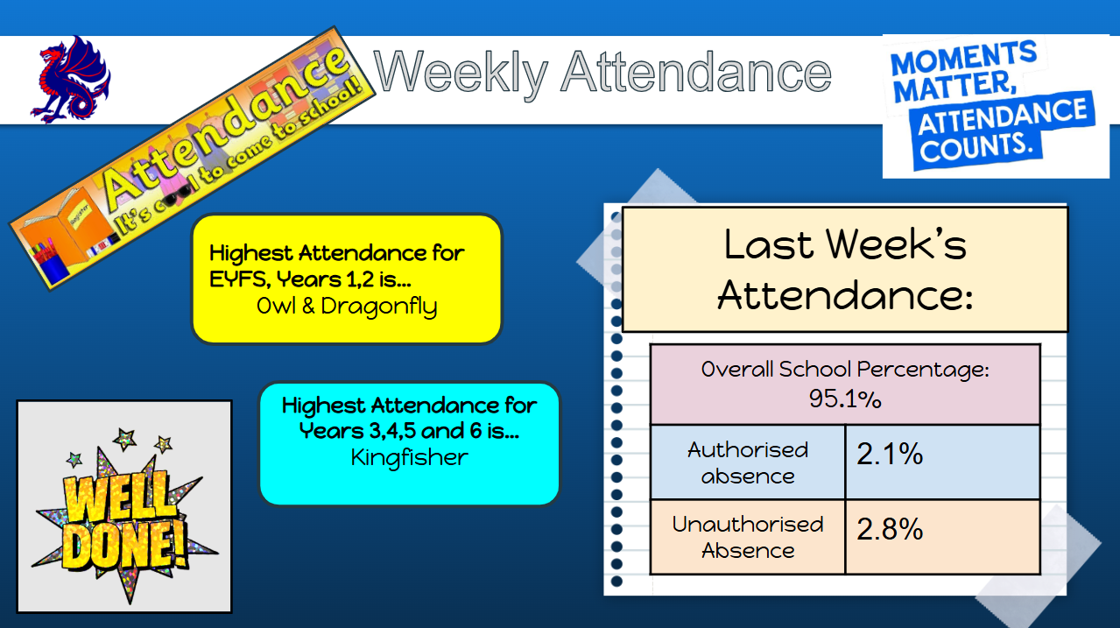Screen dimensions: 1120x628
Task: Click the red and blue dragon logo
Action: (x=70, y=79)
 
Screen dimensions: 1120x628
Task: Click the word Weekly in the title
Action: (x=461, y=73)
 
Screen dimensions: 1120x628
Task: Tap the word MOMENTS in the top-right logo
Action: (x=963, y=58)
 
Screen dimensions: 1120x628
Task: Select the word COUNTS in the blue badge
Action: (x=976, y=147)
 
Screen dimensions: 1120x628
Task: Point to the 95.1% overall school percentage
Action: (x=845, y=399)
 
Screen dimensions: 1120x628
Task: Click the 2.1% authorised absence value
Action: (x=890, y=454)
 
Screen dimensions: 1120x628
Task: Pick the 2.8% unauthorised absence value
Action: (x=890, y=528)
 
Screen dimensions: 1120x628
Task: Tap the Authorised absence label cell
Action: (x=748, y=462)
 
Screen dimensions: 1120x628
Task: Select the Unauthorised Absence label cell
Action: (x=748, y=537)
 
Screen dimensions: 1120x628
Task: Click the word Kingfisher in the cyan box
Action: (x=410, y=457)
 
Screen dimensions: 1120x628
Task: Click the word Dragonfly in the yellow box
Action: (x=379, y=307)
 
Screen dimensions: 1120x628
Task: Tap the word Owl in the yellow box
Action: (x=276, y=306)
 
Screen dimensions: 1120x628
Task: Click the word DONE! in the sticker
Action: (x=125, y=545)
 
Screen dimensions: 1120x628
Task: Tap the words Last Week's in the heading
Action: (x=845, y=244)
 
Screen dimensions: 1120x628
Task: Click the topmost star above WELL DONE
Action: (x=125, y=439)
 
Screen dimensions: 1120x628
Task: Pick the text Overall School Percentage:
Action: (x=845, y=370)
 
